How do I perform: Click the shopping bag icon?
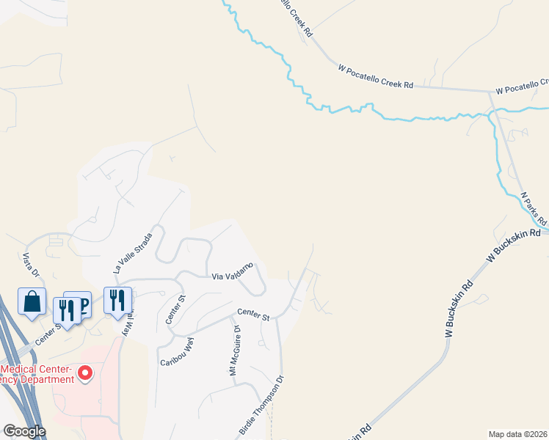(x=32, y=301)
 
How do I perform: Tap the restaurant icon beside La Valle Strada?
(x=117, y=299)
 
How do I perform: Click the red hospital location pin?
(x=85, y=374)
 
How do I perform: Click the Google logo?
(x=24, y=431)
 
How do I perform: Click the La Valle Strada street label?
(x=132, y=253)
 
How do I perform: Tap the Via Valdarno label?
(x=233, y=271)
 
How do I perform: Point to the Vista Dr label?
(x=30, y=265)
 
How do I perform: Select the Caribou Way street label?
(x=176, y=351)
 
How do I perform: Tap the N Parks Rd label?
(x=534, y=208)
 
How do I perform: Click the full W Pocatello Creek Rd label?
(x=376, y=77)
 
